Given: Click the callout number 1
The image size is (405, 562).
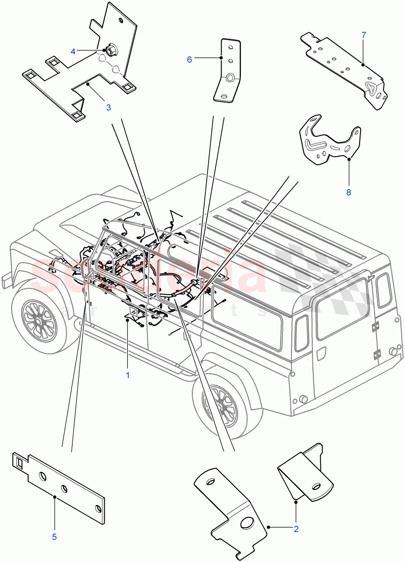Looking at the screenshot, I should pyautogui.click(x=127, y=376).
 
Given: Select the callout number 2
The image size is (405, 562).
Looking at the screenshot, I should pyautogui.click(x=296, y=529).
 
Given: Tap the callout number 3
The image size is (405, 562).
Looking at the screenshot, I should pyautogui.click(x=108, y=107).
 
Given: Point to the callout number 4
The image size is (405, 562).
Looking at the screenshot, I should pyautogui.click(x=73, y=51).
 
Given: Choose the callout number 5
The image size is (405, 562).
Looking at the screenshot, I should pyautogui.click(x=54, y=537).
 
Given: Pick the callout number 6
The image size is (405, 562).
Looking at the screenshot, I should pyautogui.click(x=189, y=59).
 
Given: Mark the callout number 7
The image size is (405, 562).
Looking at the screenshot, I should pyautogui.click(x=364, y=35).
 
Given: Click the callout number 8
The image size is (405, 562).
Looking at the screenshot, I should pyautogui.click(x=348, y=192).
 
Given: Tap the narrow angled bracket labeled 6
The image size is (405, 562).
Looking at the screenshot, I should pyautogui.click(x=229, y=70).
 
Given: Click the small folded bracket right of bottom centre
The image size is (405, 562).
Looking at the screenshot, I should pyautogui.click(x=306, y=473).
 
